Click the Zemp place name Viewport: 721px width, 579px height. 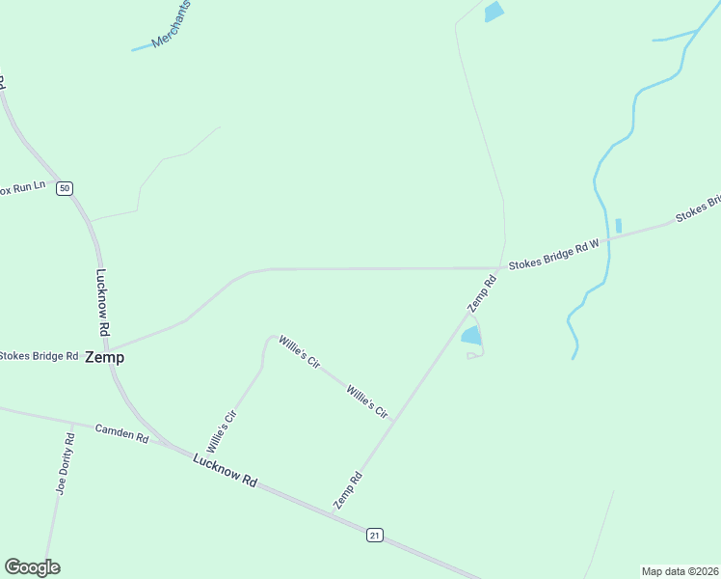pos(104,357)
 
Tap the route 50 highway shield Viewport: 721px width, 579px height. pos(64,188)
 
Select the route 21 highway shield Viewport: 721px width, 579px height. pos(375,535)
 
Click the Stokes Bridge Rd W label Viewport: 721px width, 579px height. pos(553,256)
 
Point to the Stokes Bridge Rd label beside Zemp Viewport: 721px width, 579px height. pos(39,356)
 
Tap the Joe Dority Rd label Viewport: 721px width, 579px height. pos(65,463)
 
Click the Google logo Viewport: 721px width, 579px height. pos(32,567)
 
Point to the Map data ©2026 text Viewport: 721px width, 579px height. pos(680,570)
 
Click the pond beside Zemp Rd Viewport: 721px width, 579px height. pos(471,336)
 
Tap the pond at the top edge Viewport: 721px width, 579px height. pos(494,12)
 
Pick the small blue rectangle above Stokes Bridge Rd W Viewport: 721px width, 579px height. pos(618,226)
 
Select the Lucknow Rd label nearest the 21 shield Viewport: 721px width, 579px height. pos(225,470)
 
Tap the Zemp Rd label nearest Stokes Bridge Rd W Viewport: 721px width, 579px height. pos(482,293)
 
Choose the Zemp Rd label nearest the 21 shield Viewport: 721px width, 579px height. pos(348,490)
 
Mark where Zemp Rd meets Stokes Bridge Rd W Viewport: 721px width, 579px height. pos(501,267)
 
